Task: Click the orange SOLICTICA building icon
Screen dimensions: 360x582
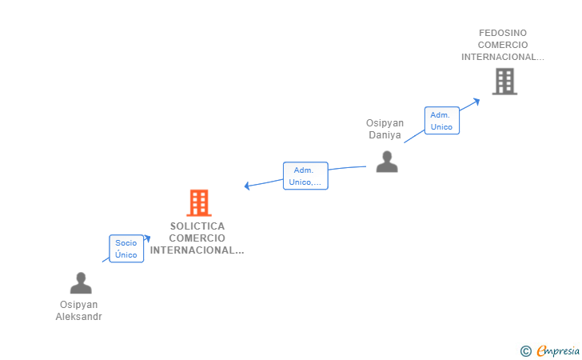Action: pyautogui.click(x=198, y=203)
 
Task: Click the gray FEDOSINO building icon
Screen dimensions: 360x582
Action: pyautogui.click(x=504, y=82)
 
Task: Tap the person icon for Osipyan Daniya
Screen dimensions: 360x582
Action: pyautogui.click(x=387, y=162)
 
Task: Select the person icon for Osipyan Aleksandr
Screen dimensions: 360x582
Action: pyautogui.click(x=81, y=283)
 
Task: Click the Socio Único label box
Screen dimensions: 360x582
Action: pyautogui.click(x=126, y=249)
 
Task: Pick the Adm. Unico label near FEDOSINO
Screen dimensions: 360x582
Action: pyautogui.click(x=441, y=121)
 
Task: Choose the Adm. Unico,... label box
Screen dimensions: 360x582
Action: pyautogui.click(x=305, y=176)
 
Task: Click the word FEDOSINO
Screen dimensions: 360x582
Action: pyautogui.click(x=503, y=33)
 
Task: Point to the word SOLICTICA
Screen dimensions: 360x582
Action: pyautogui.click(x=197, y=226)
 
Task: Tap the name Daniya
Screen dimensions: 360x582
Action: pyautogui.click(x=385, y=135)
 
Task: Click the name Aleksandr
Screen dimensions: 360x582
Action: pyautogui.click(x=79, y=317)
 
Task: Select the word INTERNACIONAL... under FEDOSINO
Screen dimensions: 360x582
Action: pyautogui.click(x=503, y=57)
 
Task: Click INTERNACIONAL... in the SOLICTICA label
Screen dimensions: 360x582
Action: pyautogui.click(x=197, y=250)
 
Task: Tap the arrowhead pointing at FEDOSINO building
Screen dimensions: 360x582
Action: pyautogui.click(x=476, y=100)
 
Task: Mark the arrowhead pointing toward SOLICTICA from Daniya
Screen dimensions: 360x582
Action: pyautogui.click(x=248, y=186)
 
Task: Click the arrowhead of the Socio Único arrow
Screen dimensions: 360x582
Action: pyautogui.click(x=147, y=238)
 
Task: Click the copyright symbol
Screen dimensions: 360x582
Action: pyautogui.click(x=525, y=350)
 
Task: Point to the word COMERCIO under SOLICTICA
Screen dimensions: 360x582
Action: pyautogui.click(x=197, y=238)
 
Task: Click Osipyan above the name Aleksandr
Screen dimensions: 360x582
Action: pyautogui.click(x=79, y=305)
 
